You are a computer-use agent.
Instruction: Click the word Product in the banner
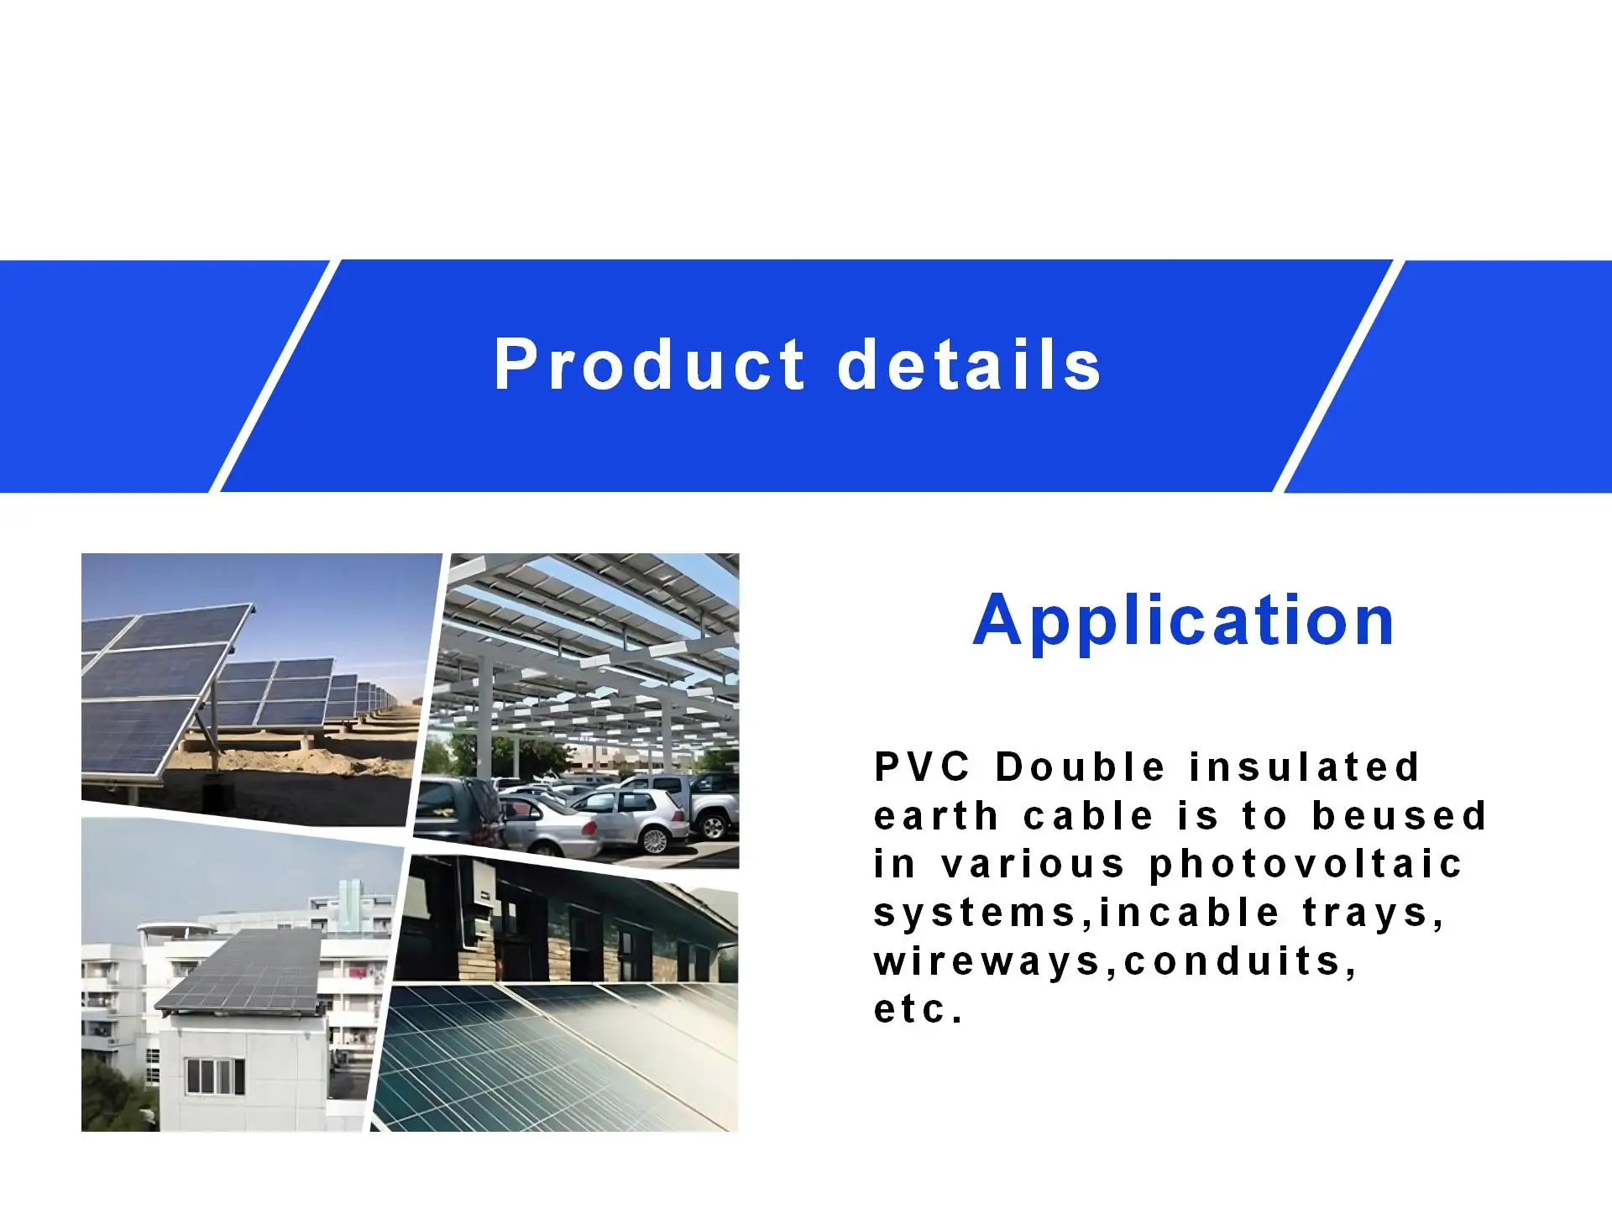[649, 365]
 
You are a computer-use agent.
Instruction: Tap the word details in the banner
[969, 365]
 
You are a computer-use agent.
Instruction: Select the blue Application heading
[1184, 620]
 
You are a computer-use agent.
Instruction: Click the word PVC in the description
[922, 767]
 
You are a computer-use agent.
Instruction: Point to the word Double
[1081, 767]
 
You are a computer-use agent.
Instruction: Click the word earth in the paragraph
[936, 816]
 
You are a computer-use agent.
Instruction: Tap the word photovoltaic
[1306, 865]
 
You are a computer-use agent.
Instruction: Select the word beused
[1400, 816]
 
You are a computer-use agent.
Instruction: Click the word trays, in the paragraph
[1374, 913]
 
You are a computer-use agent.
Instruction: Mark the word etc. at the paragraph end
[919, 1010]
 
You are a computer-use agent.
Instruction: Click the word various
[1032, 865]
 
